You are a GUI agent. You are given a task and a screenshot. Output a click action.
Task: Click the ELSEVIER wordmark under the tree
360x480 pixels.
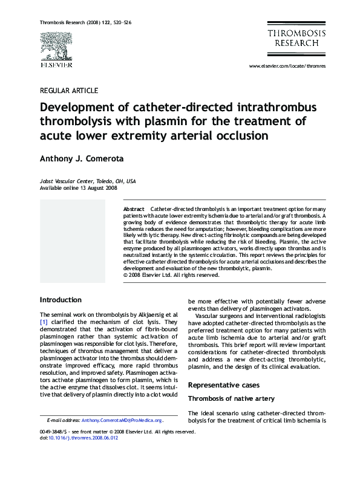click(56, 65)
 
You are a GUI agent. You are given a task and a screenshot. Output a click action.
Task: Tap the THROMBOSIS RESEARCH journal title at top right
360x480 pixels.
click(296, 38)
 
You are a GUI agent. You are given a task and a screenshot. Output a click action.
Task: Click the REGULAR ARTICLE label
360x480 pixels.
click(68, 91)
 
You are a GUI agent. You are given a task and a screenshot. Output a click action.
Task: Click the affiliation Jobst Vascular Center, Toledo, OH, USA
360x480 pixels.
click(88, 181)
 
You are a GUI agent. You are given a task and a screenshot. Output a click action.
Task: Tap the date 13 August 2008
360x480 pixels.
click(101, 188)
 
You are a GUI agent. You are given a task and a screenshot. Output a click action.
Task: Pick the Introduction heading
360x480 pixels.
click(61, 300)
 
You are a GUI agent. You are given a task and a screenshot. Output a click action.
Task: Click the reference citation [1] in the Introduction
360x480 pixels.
click(44, 322)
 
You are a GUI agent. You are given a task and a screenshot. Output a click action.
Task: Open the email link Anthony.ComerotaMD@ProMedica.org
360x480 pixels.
click(122, 420)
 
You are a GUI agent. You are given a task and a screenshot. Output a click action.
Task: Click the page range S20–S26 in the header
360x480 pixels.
click(122, 22)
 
